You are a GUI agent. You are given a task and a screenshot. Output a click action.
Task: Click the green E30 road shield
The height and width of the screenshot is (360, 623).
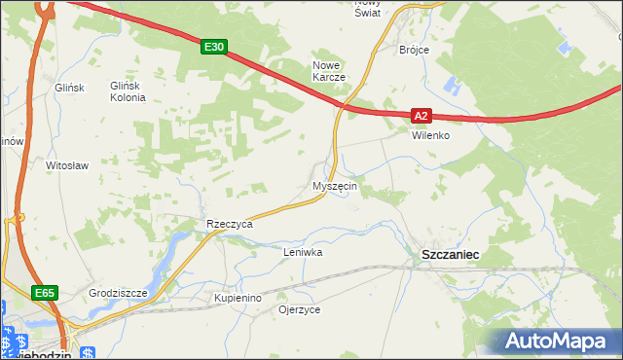pos(215,46)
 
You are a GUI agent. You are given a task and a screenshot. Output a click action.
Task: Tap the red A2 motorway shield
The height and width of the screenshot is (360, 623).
pos(420,115)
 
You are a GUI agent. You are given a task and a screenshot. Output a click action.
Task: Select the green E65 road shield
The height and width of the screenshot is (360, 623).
pos(44,292)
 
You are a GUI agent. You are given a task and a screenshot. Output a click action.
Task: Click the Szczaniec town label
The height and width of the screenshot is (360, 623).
pos(449,253)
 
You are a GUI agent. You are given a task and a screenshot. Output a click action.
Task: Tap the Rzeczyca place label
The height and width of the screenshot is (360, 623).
pos(230,224)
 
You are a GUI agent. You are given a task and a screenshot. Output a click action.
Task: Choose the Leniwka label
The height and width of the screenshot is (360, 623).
pos(302,252)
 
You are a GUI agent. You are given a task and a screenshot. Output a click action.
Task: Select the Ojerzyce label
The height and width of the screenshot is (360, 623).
pos(299,309)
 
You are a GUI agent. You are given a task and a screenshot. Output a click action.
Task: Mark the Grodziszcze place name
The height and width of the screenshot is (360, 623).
pos(117,292)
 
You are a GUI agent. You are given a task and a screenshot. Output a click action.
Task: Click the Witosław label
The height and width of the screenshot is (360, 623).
pos(68,165)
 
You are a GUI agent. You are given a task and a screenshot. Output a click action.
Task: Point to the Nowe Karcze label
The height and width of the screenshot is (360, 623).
pos(329,71)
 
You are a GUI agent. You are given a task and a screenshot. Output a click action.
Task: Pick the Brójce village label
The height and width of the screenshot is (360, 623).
pos(415,49)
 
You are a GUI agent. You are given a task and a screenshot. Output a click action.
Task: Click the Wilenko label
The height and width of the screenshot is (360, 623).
pos(430,135)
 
